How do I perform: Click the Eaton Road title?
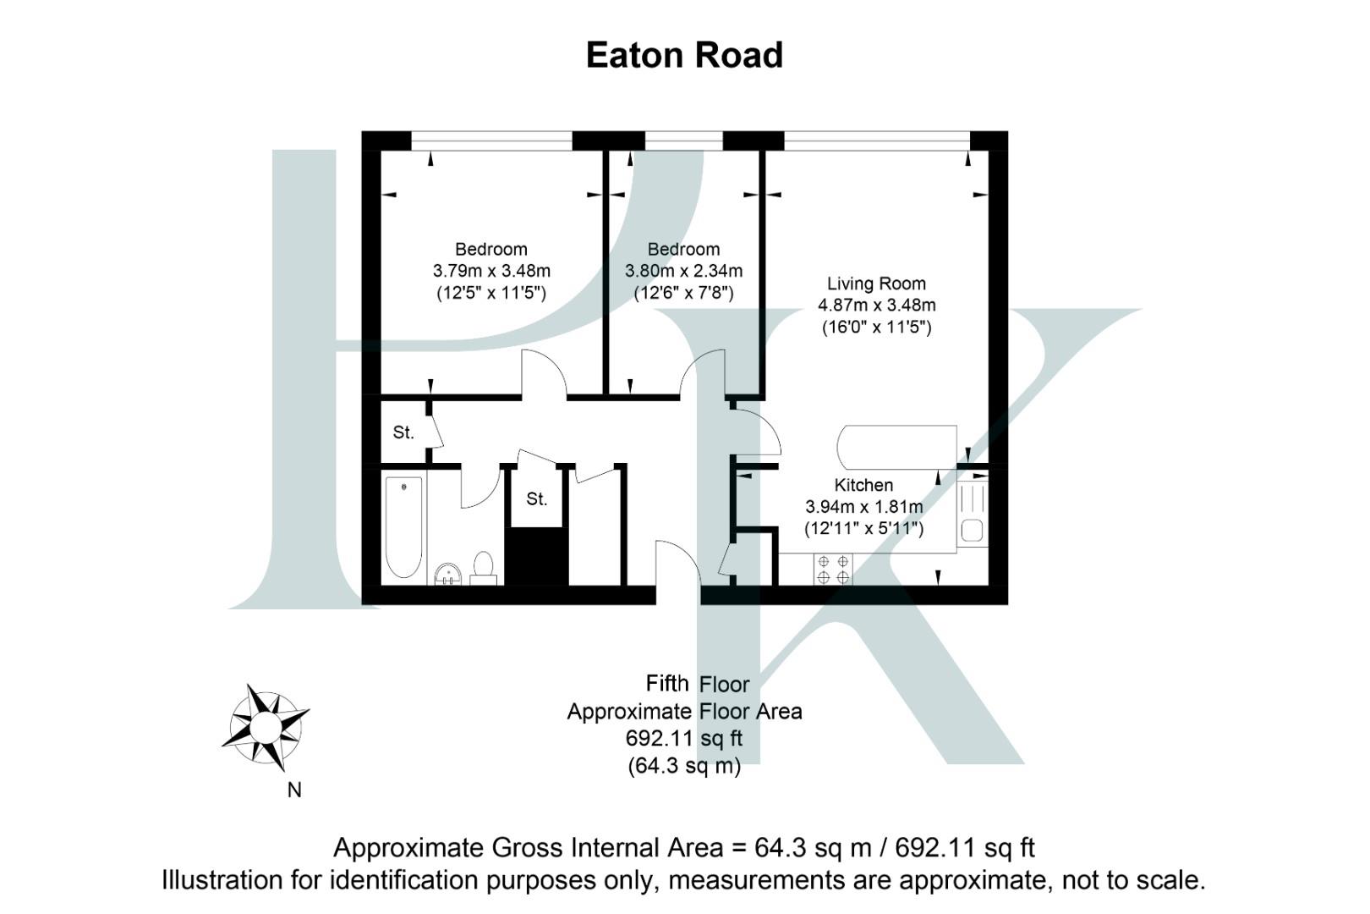point(684,56)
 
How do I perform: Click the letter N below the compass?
point(294,790)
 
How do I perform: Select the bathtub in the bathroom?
point(403,526)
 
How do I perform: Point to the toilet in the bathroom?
point(483,566)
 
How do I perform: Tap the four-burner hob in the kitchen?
point(833,569)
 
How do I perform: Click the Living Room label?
point(876,284)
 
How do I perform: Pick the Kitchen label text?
point(863,485)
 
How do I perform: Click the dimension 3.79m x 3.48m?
point(491,271)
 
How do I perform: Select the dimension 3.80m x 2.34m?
point(683,271)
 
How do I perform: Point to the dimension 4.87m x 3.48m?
point(876,305)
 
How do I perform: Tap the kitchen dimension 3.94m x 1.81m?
point(863,507)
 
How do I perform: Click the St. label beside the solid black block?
point(536,499)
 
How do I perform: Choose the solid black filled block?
point(536,556)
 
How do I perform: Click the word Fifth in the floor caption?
point(667,683)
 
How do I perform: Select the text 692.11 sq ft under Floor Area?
point(683,738)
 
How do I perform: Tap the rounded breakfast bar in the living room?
point(896,447)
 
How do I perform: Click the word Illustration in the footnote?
point(233,879)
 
